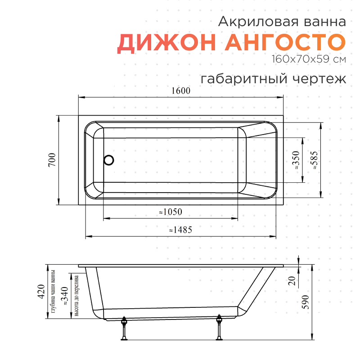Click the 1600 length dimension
coord(180,90)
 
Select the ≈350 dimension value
coord(296,160)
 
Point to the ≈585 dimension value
coord(315,160)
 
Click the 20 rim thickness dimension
coord(291,281)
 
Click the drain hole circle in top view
coord(109,160)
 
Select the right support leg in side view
coord(219,329)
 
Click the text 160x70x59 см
coord(308,59)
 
